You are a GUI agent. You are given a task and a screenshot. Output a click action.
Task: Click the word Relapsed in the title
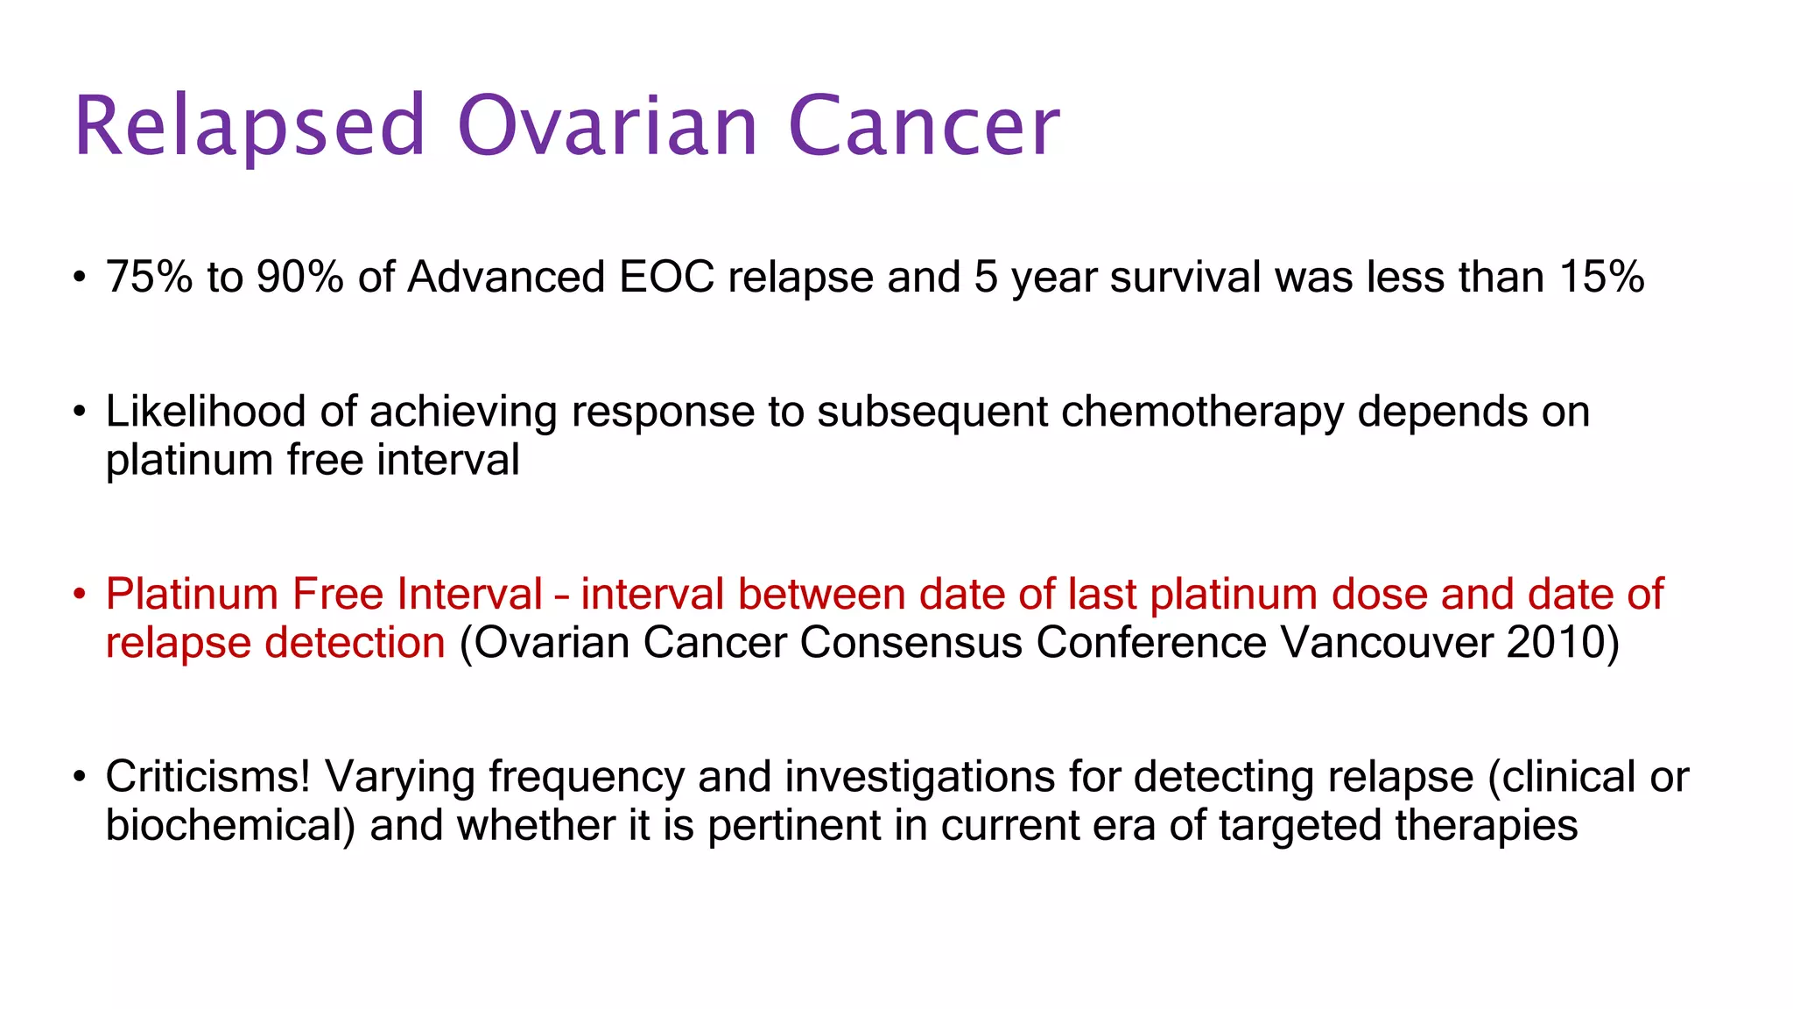click(250, 127)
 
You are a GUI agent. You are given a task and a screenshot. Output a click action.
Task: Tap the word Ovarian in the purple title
click(607, 127)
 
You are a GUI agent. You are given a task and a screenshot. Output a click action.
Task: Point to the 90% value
click(299, 278)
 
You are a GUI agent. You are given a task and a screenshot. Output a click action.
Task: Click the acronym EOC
click(667, 278)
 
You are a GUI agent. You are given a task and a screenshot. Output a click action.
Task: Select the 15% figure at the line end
click(1601, 278)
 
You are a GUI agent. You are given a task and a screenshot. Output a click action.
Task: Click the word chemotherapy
click(1202, 412)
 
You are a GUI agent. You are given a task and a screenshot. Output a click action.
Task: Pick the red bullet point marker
click(80, 595)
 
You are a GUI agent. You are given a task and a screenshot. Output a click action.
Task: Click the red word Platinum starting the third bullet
click(192, 595)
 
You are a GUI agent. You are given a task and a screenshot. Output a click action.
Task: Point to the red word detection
click(355, 643)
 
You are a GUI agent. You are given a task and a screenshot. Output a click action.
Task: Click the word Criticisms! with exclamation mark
click(207, 777)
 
